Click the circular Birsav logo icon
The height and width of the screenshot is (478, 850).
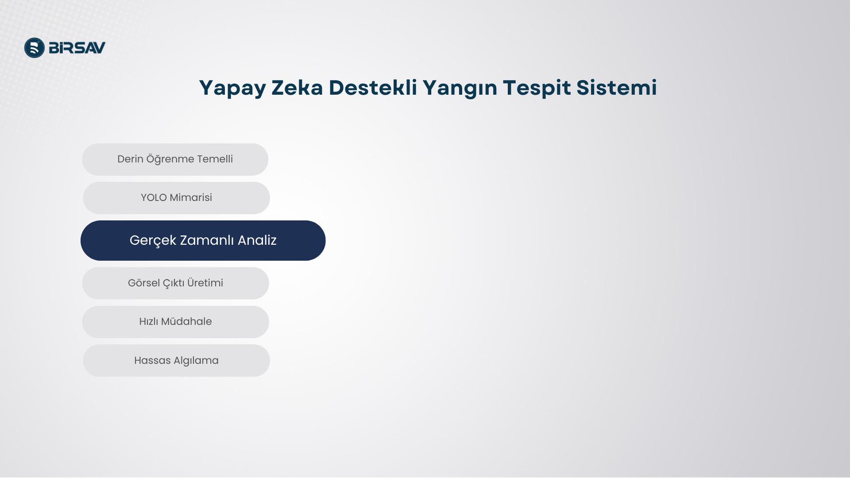[35, 48]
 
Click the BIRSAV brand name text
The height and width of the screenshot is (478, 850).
[77, 48]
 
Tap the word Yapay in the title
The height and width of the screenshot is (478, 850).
[232, 88]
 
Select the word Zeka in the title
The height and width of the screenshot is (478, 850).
[297, 87]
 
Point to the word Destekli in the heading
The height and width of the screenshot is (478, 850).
[373, 87]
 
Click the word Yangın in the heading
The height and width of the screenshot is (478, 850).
[460, 88]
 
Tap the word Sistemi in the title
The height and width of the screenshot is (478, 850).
[617, 87]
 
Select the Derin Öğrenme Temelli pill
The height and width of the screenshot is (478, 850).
[175, 159]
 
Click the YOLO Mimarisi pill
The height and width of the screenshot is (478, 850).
[176, 198]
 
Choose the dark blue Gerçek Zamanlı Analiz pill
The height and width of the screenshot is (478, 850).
[203, 240]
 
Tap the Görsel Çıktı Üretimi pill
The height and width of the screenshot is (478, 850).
[175, 283]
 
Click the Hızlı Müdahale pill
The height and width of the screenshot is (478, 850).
[175, 322]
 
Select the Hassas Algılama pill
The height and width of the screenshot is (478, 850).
[176, 361]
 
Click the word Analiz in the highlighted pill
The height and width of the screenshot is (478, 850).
[257, 240]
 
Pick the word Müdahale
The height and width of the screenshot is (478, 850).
[186, 321]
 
